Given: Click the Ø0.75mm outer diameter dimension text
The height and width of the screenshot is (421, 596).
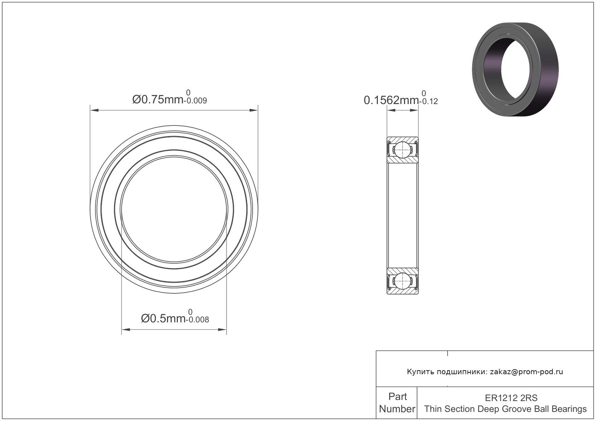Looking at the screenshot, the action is [x=158, y=100].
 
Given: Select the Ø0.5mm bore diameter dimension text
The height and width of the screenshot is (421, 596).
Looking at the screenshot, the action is [x=163, y=318].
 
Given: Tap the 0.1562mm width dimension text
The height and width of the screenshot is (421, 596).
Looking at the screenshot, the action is [x=391, y=100].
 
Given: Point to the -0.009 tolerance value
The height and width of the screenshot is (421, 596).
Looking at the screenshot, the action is [x=195, y=101].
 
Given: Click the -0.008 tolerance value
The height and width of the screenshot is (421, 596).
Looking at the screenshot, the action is [x=197, y=320].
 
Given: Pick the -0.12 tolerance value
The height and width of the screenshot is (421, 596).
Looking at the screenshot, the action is [x=428, y=102].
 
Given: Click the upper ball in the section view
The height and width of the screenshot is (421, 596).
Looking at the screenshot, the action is [x=403, y=150].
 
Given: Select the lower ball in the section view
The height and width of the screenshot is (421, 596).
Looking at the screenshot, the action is [x=403, y=281].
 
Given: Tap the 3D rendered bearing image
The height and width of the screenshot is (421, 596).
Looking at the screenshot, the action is [x=515, y=69].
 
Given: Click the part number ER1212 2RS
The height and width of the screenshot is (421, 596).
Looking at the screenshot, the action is [x=511, y=398].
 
